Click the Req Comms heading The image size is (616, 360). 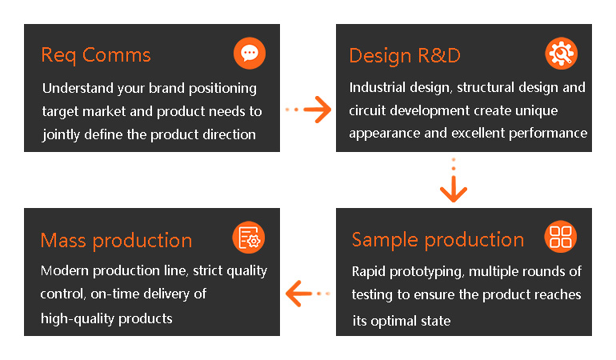(96, 55)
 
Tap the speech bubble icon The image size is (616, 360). (250, 53)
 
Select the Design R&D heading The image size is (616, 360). (405, 56)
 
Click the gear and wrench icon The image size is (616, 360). (562, 54)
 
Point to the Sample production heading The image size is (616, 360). (438, 240)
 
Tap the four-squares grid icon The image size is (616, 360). (561, 237)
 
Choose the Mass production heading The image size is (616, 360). (116, 241)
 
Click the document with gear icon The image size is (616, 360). (249, 238)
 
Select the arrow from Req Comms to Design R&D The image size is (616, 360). (308, 110)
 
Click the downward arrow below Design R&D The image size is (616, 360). (454, 180)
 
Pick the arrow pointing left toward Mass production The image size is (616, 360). (308, 294)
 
